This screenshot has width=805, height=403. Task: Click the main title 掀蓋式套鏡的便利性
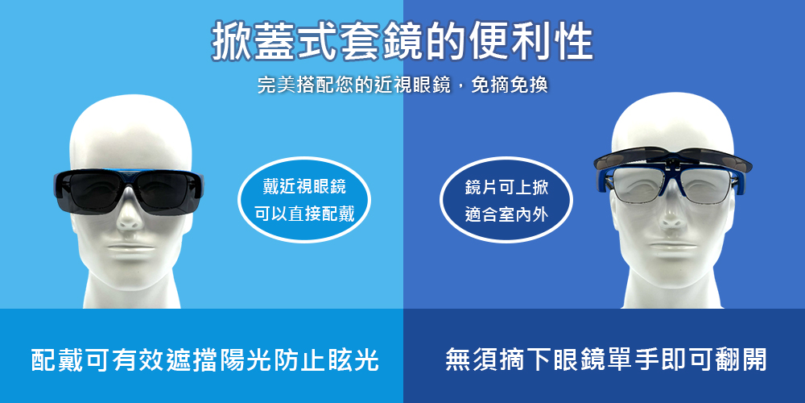tap(402, 42)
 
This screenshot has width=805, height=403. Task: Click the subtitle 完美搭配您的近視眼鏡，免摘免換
tap(402, 85)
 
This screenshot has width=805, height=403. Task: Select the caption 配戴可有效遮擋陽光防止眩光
tap(204, 359)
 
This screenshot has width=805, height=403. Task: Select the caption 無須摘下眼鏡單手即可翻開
tap(606, 359)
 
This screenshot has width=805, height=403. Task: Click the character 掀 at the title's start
tap(231, 42)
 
